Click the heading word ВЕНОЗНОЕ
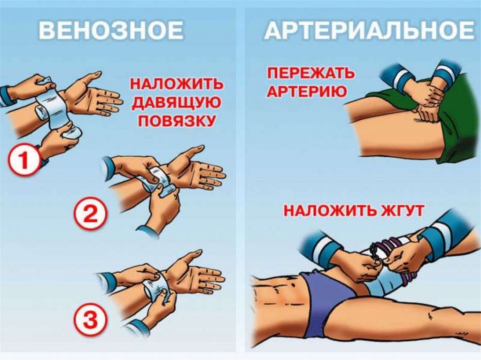tap(111, 31)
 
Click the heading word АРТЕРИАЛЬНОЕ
tap(370, 31)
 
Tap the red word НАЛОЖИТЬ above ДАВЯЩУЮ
tap(176, 84)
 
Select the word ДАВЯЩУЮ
tap(176, 102)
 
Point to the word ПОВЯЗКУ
tap(176, 121)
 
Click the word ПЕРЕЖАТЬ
tap(311, 73)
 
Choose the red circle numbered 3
tap(91, 319)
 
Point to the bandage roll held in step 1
tap(72, 134)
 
